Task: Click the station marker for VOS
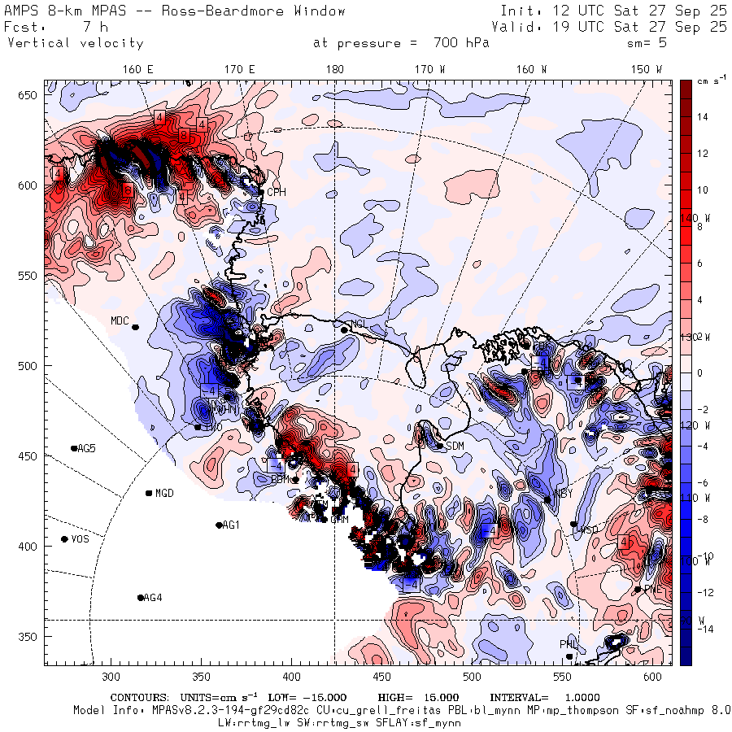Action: pos(64,539)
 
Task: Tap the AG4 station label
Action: pos(153,598)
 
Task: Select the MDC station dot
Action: pos(135,327)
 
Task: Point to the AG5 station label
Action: pos(86,448)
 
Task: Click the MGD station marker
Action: pos(149,493)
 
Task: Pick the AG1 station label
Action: pos(231,525)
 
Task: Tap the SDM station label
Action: pos(455,446)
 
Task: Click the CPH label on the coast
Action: pos(277,192)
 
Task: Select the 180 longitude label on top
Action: pos(334,70)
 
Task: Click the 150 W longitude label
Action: pos(647,70)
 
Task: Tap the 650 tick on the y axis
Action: pos(30,96)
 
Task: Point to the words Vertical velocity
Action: pos(75,43)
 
